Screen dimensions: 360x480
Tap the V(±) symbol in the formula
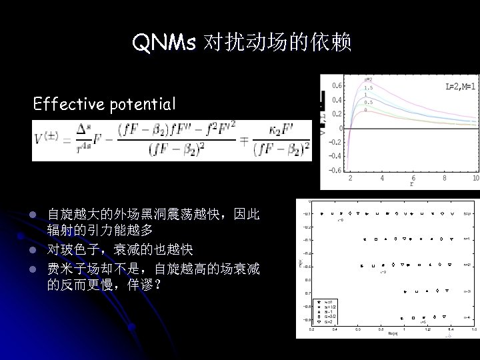pyautogui.click(x=47, y=141)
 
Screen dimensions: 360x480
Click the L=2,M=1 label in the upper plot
pyautogui.click(x=461, y=86)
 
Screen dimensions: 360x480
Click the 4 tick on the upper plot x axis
pyautogui.click(x=382, y=179)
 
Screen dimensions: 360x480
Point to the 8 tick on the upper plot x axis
pyautogui.click(x=444, y=179)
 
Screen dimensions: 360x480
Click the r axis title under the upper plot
pyautogui.click(x=411, y=184)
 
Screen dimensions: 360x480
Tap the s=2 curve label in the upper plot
pyautogui.click(x=368, y=80)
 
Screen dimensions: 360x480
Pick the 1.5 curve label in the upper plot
pyautogui.click(x=368, y=87)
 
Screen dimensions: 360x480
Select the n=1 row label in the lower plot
pyautogui.click(x=467, y=238)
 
